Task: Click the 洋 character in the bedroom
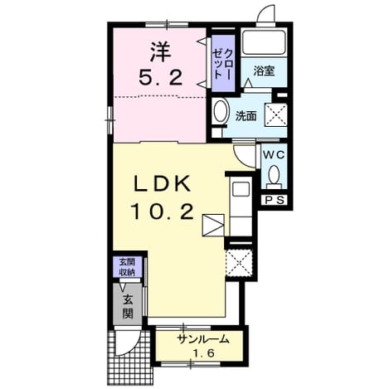pyautogui.click(x=161, y=52)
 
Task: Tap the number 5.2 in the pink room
pyautogui.click(x=161, y=77)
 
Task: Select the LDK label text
pyautogui.click(x=163, y=183)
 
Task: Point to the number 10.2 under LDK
pyautogui.click(x=163, y=211)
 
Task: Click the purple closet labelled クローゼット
pyautogui.click(x=223, y=64)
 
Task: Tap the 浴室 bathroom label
pyautogui.click(x=264, y=71)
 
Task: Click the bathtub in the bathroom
pyautogui.click(x=264, y=43)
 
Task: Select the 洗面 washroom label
pyautogui.click(x=246, y=116)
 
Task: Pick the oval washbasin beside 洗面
pyautogui.click(x=221, y=111)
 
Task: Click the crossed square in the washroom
pyautogui.click(x=275, y=114)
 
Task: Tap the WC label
pyautogui.click(x=274, y=155)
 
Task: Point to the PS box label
pyautogui.click(x=275, y=200)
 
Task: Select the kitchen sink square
pyautogui.click(x=241, y=189)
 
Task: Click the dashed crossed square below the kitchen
pyautogui.click(x=239, y=262)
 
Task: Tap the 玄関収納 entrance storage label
pyautogui.click(x=127, y=267)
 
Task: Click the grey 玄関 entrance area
pyautogui.click(x=127, y=304)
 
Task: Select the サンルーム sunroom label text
pyautogui.click(x=204, y=339)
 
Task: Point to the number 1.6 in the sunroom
pyautogui.click(x=203, y=353)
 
